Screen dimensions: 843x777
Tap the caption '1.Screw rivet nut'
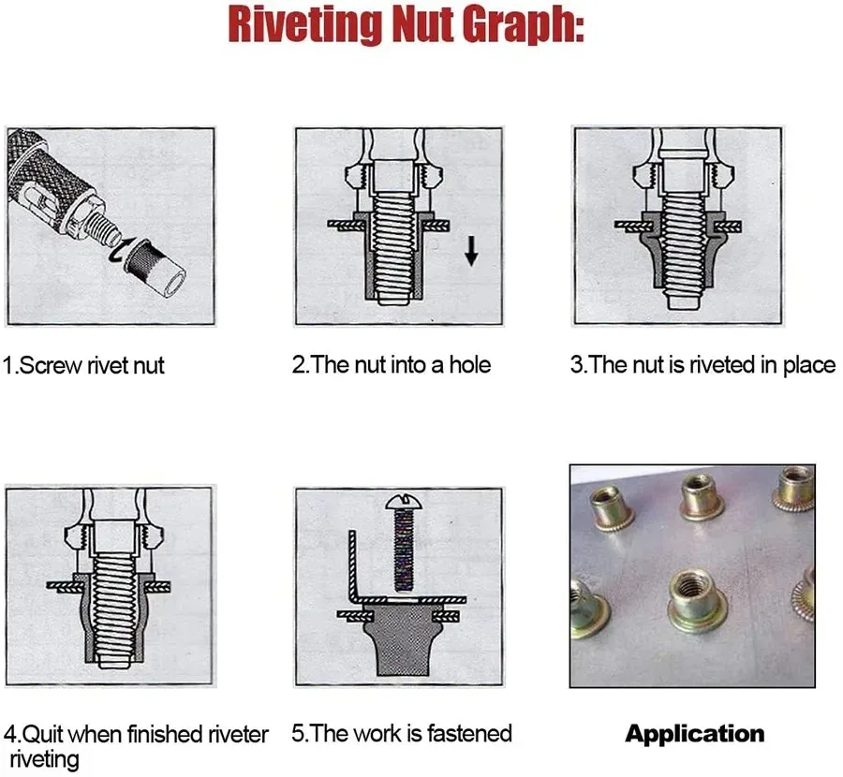tap(83, 365)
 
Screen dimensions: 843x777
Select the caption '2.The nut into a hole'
tap(392, 364)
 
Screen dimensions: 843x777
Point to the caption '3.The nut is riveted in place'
tap(702, 365)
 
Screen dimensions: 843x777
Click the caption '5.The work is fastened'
tap(402, 733)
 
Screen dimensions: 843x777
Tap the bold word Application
tap(695, 734)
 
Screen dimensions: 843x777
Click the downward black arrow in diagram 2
tap(471, 250)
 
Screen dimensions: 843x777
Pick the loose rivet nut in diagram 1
tap(155, 269)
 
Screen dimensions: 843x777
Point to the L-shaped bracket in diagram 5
tap(377, 596)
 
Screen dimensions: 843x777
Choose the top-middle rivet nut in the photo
tap(702, 498)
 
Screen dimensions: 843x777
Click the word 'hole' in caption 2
tap(470, 364)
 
